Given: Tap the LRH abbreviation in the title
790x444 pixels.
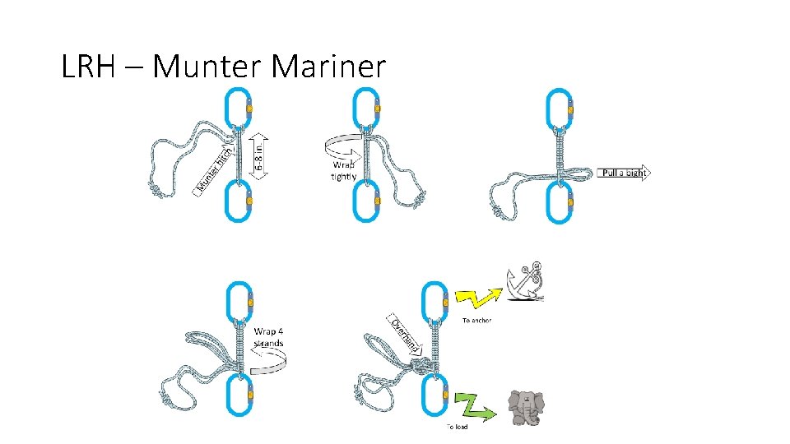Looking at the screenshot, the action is [89, 67].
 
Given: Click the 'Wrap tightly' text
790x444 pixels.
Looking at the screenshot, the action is [343, 170].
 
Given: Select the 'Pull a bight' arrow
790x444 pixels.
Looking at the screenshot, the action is [623, 173].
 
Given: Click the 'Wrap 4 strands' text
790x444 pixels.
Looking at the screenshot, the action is [269, 337].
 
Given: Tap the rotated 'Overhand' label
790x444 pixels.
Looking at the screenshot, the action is [407, 334].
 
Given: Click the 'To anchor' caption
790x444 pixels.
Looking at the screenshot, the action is [477, 320].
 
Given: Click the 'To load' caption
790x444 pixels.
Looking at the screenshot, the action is [458, 427].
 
